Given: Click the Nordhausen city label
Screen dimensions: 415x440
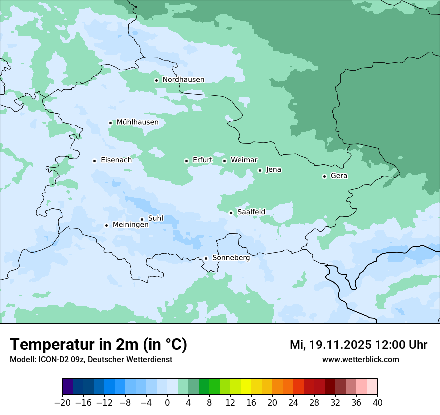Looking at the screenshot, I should coord(183,80).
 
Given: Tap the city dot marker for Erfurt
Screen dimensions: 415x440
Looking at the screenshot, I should coord(186,161).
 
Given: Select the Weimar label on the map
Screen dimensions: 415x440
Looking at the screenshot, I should coord(244,160).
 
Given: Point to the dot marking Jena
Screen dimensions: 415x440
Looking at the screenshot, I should coord(260,170).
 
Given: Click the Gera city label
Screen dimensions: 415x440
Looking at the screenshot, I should coord(339,176).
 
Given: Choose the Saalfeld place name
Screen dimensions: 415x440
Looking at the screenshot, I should coord(251,212).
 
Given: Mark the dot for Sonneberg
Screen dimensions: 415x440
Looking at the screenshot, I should coord(206,258).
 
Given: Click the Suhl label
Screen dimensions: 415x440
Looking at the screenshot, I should coord(155,219).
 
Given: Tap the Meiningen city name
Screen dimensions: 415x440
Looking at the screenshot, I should coord(130,225).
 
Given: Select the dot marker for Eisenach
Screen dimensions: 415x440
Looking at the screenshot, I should coord(94,161).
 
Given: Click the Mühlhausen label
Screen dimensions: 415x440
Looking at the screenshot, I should coord(137,122).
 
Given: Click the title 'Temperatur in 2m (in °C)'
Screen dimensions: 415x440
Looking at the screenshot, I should coord(98,345).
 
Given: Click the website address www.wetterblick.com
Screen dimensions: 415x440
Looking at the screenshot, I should coord(360,360).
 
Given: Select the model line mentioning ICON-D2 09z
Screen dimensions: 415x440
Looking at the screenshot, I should coord(91,360).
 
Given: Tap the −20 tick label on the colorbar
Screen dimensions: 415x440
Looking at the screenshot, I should coord(62,403).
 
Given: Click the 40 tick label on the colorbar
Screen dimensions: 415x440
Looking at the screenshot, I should coord(377,403).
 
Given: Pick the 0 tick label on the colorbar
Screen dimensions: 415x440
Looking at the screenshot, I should coord(167,403).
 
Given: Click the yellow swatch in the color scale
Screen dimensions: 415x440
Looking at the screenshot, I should coord(246,387).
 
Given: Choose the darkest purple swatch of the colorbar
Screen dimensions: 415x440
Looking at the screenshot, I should coord(68,387).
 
